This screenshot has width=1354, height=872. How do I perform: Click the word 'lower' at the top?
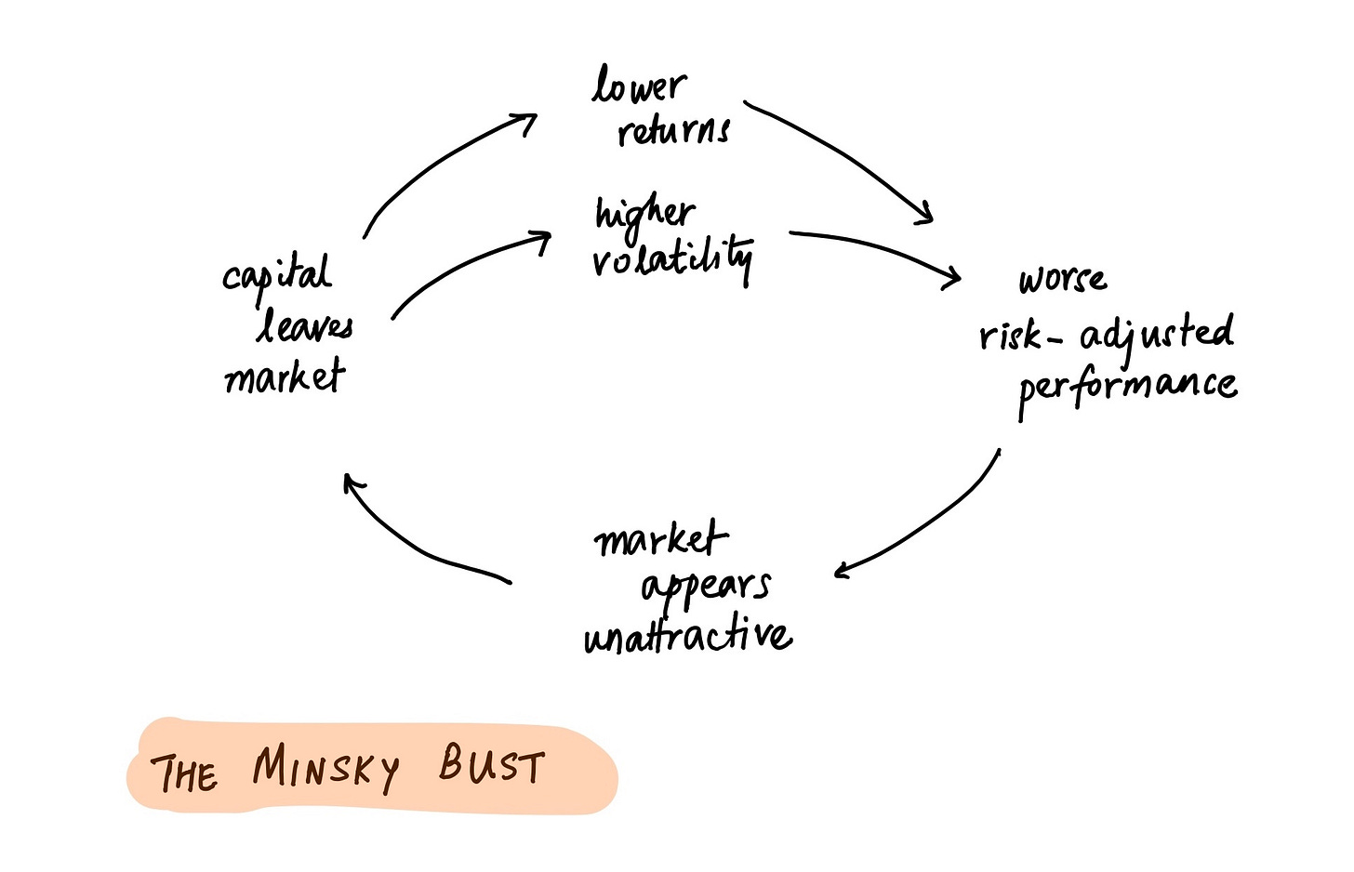point(640,86)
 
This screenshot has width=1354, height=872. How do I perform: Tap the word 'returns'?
point(674,131)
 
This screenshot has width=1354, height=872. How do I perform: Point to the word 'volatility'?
point(672,258)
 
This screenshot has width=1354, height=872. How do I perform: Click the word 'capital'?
point(276,275)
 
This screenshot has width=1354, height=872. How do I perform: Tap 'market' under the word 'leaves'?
point(285,377)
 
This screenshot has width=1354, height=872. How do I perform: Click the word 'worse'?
point(1063,279)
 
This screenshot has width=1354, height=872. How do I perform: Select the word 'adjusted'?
point(1157,334)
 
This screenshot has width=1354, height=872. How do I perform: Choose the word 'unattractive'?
point(688,637)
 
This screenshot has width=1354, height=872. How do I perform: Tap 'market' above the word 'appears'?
point(660,539)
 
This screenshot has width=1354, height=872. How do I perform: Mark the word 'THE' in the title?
point(185,773)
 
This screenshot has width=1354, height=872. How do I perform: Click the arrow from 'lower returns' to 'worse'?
point(842,153)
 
